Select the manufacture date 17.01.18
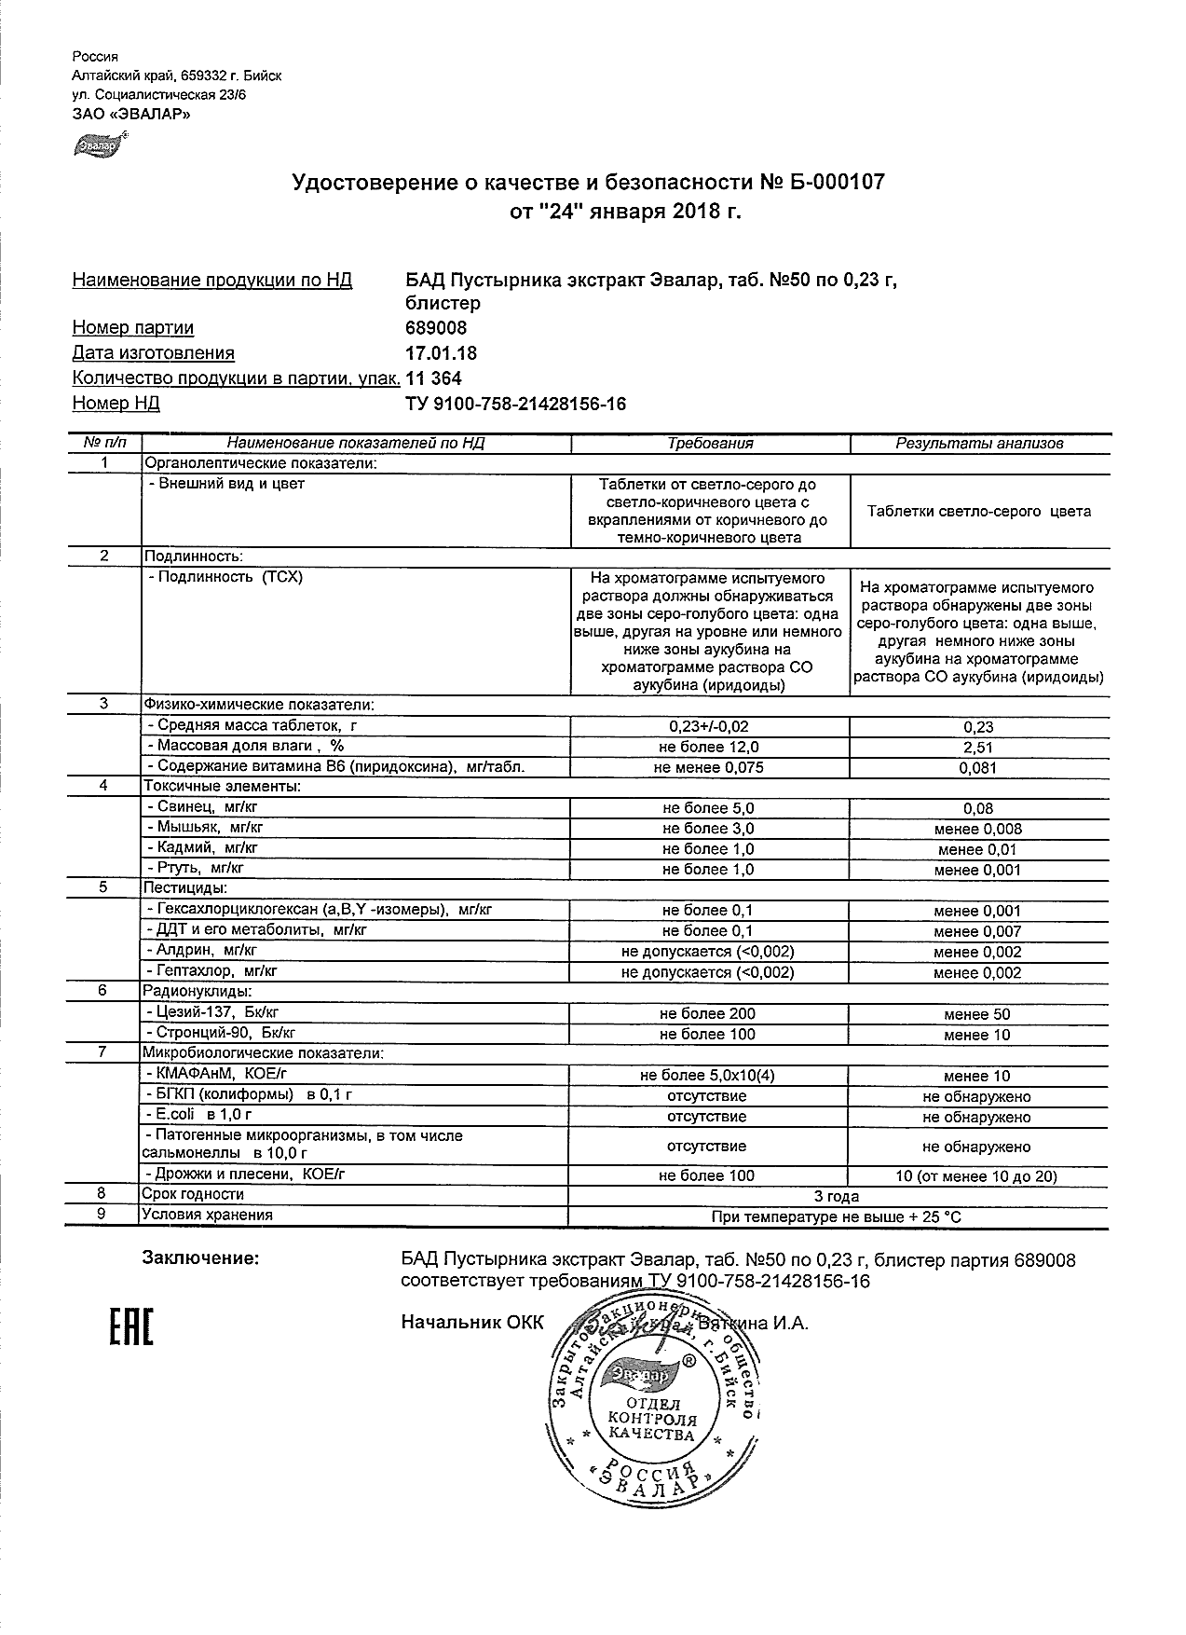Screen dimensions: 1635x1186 pyautogui.click(x=442, y=353)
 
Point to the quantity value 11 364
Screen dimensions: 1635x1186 pyautogui.click(x=434, y=378)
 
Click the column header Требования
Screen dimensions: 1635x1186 pyautogui.click(x=710, y=444)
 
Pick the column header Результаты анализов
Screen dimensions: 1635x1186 pyautogui.click(x=979, y=444)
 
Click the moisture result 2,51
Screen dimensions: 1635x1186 pyautogui.click(x=978, y=747)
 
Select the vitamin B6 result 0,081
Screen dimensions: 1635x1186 pyautogui.click(x=978, y=768)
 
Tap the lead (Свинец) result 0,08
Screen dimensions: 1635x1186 pyautogui.click(x=978, y=809)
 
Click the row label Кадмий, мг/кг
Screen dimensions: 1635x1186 pyautogui.click(x=202, y=848)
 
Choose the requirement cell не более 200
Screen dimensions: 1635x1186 pyautogui.click(x=707, y=1014)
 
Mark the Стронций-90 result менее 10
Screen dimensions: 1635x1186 pyautogui.click(x=976, y=1035)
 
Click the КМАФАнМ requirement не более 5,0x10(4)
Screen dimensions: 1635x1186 pyautogui.click(x=707, y=1076)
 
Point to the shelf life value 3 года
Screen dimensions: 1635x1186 pyautogui.click(x=837, y=1196)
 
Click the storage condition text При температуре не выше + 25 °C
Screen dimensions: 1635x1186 pyautogui.click(x=837, y=1216)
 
